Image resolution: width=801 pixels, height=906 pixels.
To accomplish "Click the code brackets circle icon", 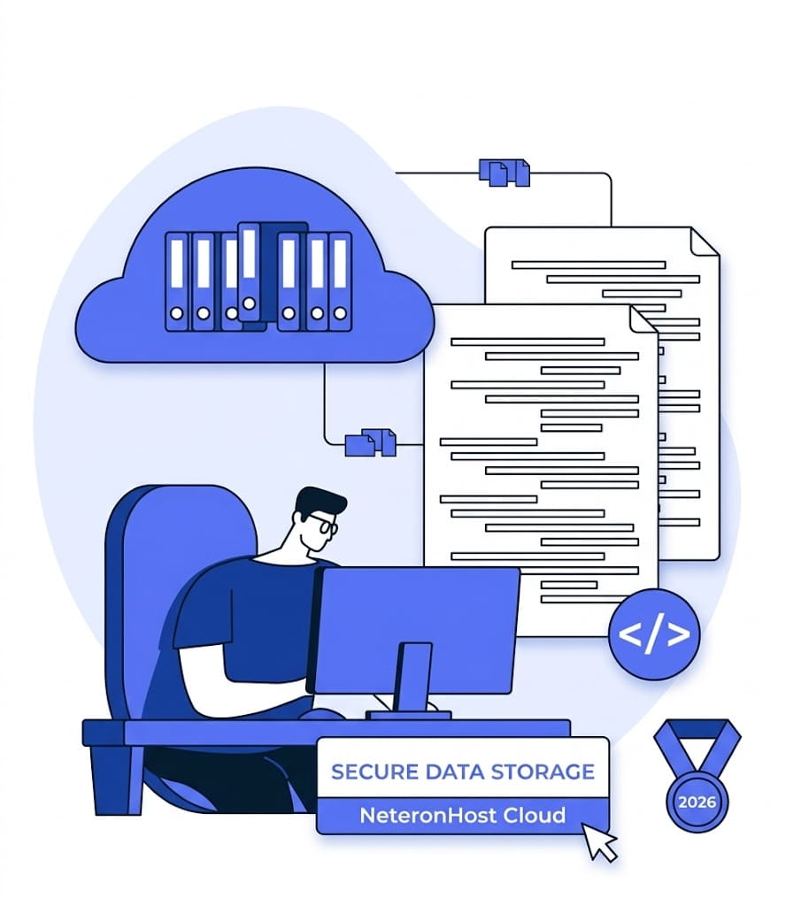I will click(x=654, y=634).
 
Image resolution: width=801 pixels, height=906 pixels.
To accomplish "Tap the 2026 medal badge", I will click(x=697, y=801).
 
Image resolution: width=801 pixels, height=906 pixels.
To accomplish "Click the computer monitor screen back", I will click(x=416, y=628).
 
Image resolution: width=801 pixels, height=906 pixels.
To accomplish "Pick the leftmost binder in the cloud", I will click(x=177, y=281).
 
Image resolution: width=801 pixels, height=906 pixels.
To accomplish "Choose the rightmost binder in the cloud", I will click(x=340, y=281).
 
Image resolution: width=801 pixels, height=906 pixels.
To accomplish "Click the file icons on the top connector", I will click(x=504, y=173).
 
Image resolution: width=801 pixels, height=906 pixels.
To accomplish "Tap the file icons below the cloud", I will click(x=371, y=441).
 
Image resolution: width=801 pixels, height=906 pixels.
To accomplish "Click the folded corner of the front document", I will click(x=643, y=320).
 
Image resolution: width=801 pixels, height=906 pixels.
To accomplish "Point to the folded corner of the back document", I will click(x=705, y=242).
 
